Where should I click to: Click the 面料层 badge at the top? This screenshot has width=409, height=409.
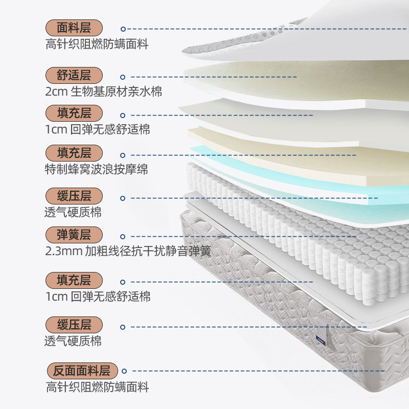point(74,28)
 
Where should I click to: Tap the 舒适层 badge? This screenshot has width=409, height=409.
point(74,76)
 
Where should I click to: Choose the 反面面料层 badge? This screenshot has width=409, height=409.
point(82,371)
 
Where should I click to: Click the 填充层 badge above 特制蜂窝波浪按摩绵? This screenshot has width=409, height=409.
point(74,153)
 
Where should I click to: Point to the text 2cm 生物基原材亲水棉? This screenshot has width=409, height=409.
point(104,92)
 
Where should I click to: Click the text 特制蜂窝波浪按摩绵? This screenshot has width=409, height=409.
point(97,169)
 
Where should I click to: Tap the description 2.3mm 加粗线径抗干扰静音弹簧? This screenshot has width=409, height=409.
point(128,252)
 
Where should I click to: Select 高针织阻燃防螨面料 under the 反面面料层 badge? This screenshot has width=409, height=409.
point(97,387)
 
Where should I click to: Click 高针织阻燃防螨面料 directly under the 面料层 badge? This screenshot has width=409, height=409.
point(97,44)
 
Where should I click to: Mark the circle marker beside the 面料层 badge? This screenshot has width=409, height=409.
point(123,29)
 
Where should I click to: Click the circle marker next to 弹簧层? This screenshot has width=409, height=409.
point(123,236)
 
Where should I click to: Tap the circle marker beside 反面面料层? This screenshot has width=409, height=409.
point(123,372)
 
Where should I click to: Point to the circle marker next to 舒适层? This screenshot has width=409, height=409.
point(123,77)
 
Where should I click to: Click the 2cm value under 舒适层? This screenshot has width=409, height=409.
point(55,92)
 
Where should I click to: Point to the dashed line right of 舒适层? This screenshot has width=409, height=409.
point(215,77)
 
